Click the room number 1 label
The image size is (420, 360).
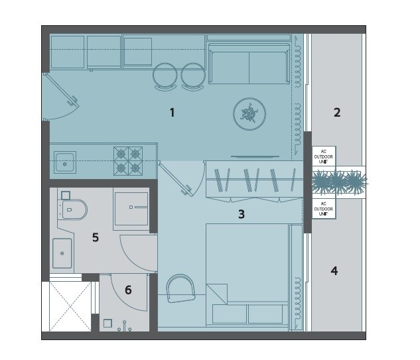click(x=172, y=113)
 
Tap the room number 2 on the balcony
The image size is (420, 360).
click(x=337, y=113)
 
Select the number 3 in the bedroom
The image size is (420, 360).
click(x=242, y=214)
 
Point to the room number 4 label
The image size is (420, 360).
click(x=334, y=270)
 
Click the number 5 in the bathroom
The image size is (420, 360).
click(x=96, y=237)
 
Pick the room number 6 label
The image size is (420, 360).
click(x=128, y=290)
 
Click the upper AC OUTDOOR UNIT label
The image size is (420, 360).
click(x=324, y=156)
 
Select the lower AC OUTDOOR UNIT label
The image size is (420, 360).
click(x=324, y=209)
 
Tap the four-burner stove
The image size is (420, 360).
click(x=129, y=160)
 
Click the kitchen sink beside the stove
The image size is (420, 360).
click(x=65, y=160)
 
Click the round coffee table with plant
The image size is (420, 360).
click(x=249, y=115)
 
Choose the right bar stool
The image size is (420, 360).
click(x=193, y=76)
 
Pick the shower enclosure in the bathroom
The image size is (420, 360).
click(x=130, y=208)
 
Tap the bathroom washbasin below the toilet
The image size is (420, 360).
click(x=62, y=253)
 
